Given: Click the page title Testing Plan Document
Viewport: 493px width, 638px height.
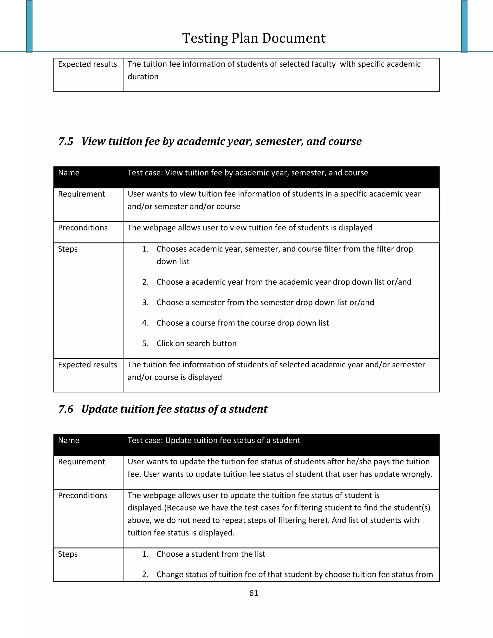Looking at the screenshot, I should pos(253,38).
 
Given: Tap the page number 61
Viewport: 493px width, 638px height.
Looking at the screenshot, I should pos(253,593).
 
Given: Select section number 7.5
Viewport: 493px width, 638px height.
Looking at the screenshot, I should pos(66,141).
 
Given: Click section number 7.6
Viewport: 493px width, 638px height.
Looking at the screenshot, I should pos(66,409).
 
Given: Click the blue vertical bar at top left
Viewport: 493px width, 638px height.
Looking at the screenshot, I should pos(29,26).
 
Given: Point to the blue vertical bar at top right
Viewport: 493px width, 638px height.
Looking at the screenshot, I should pos(464,26).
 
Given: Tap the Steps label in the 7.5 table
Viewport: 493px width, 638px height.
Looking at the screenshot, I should pos(68,249).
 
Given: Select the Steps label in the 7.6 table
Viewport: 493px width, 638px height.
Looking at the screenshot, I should pos(68,554).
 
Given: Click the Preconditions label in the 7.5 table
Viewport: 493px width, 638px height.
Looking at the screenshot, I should pos(83,228).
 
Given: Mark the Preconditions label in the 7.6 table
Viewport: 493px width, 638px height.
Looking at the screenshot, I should pos(83,495).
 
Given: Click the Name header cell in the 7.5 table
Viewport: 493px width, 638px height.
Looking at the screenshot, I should pos(69,173).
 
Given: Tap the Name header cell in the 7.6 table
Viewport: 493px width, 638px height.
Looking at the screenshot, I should pos(69,440).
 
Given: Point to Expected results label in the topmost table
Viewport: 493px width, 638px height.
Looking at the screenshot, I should pos(87,64).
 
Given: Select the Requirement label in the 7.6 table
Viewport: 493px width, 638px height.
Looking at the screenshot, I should pos(82,462).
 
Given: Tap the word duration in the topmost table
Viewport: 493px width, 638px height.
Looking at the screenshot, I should pos(143,77).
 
